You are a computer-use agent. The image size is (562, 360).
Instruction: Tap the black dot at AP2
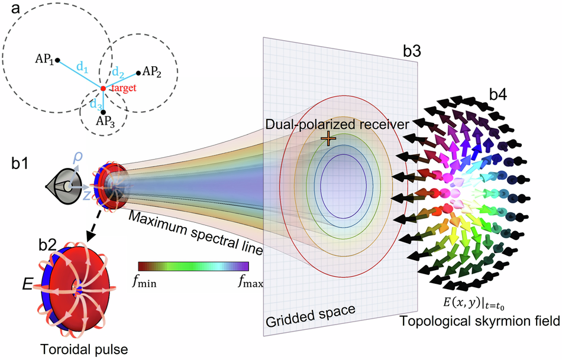[x=138, y=73]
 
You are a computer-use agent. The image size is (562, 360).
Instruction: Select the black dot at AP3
[x=103, y=112]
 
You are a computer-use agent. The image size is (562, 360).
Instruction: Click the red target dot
[x=103, y=88]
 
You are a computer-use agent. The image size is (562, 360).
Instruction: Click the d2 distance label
[x=119, y=73]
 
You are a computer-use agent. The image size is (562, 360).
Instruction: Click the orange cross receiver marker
[x=327, y=138]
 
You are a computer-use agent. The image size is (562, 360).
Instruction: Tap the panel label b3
[x=412, y=51]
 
